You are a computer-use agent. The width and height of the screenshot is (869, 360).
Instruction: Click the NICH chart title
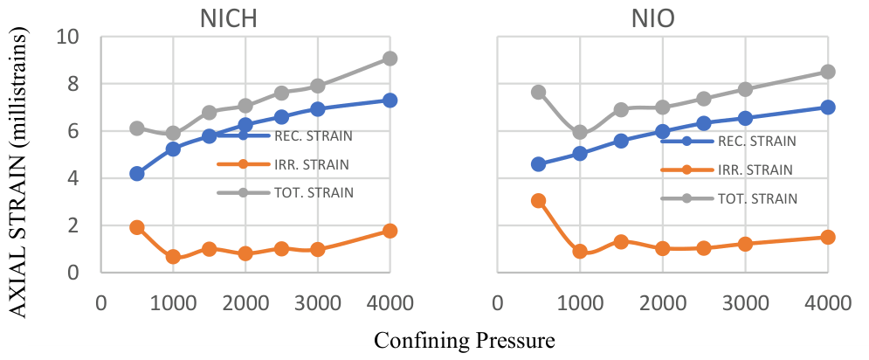[229, 19]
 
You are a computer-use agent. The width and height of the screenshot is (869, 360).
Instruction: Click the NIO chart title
[653, 19]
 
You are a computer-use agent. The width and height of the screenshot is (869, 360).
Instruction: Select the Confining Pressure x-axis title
[465, 340]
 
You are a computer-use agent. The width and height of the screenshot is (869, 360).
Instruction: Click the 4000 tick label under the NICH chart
[390, 303]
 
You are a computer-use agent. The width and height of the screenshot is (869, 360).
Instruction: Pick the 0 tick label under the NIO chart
[498, 303]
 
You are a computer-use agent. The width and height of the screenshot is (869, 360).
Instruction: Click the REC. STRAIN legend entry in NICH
[285, 135]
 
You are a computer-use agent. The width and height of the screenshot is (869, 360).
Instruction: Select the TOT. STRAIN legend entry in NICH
[286, 193]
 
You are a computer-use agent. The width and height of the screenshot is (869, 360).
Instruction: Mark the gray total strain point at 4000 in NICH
[390, 59]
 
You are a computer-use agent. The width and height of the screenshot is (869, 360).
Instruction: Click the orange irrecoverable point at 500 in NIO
[538, 201]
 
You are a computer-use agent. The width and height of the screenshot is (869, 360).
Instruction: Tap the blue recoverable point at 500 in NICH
[137, 174]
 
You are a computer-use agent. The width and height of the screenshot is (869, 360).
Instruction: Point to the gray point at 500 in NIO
[538, 92]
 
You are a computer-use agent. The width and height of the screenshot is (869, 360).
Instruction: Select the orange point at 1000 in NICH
[173, 257]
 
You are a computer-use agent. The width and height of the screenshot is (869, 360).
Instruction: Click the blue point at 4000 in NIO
[827, 107]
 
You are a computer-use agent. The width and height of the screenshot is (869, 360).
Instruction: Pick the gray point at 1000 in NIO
[580, 132]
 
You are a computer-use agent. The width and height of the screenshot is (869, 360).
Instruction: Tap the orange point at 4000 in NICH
[390, 231]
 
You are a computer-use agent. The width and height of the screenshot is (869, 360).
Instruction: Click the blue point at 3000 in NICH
[318, 108]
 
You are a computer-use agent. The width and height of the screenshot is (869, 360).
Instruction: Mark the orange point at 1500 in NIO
[621, 241]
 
